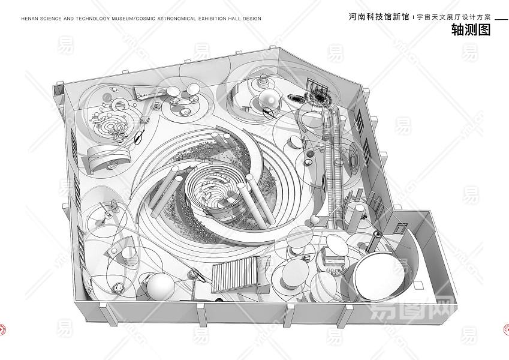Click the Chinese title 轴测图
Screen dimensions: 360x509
click(x=471, y=31)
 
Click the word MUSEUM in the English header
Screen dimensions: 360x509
click(x=121, y=19)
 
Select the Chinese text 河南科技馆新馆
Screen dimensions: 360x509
click(x=378, y=17)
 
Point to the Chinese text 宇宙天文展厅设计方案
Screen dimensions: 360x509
click(x=450, y=17)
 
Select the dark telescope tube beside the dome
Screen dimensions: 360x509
click(x=374, y=243)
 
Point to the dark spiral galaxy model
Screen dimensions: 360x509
click(x=317, y=96)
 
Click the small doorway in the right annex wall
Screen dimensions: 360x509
click(x=400, y=229)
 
